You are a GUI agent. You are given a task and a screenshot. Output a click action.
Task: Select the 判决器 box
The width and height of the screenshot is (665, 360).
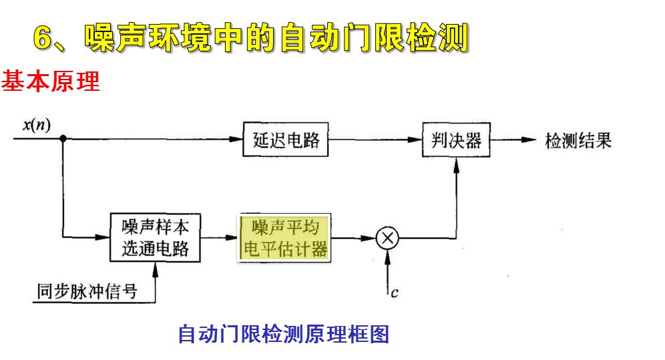pos(457,141)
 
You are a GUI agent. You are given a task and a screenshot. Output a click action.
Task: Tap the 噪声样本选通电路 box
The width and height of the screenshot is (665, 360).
pos(155,237)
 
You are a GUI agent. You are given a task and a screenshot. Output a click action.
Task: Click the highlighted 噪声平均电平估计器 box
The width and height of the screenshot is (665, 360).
pos(285,238)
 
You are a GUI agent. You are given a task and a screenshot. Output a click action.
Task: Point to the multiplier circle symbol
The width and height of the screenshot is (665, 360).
pos(387,238)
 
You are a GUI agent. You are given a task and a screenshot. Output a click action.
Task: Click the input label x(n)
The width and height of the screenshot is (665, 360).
pos(37,124)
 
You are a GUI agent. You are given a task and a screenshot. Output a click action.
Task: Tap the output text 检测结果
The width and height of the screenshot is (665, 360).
pos(578,141)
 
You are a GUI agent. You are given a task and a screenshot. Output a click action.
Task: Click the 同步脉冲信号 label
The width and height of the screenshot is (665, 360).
pos(87,291)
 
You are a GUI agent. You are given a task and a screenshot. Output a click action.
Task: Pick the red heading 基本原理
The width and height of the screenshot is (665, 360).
pos(50,82)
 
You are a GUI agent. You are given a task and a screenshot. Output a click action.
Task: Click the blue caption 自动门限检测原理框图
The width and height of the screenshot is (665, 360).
pos(283,333)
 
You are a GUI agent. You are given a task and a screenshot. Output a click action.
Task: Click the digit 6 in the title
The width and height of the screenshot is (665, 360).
pos(44,39)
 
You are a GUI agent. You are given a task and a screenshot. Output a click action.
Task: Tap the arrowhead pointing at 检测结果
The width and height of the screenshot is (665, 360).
pos(530,140)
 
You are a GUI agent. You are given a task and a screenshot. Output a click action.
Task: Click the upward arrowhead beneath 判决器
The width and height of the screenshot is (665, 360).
pos(456,166)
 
